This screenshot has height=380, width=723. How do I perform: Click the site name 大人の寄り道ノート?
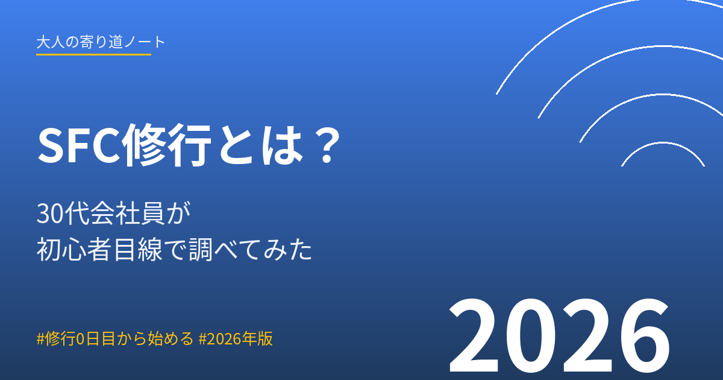pyautogui.click(x=101, y=42)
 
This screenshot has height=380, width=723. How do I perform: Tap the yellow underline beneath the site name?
pyautogui.click(x=93, y=55)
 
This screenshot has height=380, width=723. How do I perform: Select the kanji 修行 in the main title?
pyautogui.click(x=168, y=145)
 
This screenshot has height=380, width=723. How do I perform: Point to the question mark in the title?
pyautogui.click(x=327, y=145)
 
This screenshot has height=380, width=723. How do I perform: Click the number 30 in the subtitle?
pyautogui.click(x=49, y=214)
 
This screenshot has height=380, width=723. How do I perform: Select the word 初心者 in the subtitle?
pyautogui.click(x=74, y=249)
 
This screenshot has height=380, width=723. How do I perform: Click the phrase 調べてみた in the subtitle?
pyautogui.click(x=251, y=249)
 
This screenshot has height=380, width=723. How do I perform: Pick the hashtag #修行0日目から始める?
pyautogui.click(x=115, y=338)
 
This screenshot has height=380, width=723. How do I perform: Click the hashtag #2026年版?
pyautogui.click(x=236, y=338)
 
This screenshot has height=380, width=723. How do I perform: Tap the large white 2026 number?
pyautogui.click(x=559, y=336)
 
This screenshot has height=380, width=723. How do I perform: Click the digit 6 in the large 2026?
pyautogui.click(x=643, y=336)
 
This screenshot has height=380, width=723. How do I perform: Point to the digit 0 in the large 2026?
pyautogui.click(x=531, y=336)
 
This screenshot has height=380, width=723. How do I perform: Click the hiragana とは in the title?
pyautogui.click(x=261, y=145)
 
